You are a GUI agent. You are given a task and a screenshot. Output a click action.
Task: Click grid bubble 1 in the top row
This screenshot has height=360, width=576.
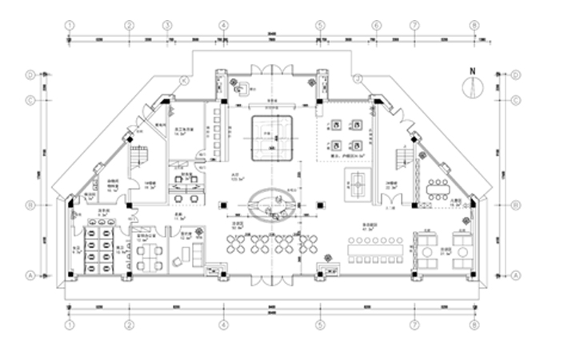[x=70, y=25]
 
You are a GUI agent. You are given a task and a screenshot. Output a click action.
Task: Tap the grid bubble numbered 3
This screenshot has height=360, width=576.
[x=167, y=25]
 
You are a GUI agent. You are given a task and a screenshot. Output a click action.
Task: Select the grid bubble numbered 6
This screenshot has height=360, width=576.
[x=376, y=25]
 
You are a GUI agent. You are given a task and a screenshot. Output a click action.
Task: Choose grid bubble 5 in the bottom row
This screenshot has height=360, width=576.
[x=319, y=326]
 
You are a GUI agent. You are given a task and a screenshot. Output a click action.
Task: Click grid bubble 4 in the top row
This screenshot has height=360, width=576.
[x=223, y=25]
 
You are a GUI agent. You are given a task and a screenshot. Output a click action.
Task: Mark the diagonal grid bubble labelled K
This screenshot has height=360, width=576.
[x=184, y=79]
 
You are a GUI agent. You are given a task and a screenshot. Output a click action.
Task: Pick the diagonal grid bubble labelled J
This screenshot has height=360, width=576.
[x=358, y=78]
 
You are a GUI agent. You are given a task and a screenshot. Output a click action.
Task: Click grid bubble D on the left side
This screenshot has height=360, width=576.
[x=30, y=74]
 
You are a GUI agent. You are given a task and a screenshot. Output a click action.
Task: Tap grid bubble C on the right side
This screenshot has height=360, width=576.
[x=516, y=100]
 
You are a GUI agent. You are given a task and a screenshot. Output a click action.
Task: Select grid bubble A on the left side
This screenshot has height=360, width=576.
[x=30, y=274]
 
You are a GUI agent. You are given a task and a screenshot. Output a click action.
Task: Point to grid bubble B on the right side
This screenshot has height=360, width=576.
[x=516, y=205]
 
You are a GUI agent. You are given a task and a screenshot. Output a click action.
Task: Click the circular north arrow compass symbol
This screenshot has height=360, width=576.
[x=472, y=88]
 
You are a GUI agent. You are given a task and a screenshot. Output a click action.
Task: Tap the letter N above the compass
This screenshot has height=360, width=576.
[x=472, y=71]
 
